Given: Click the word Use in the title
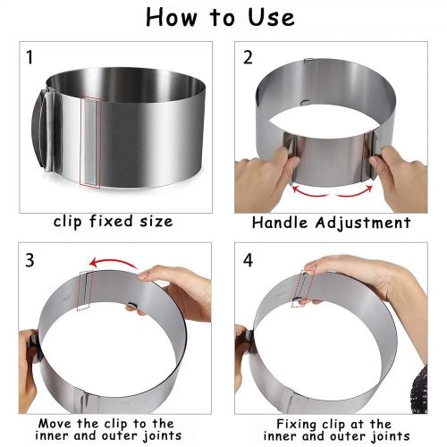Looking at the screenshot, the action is pyautogui.click(x=271, y=18).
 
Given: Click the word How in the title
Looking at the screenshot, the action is pyautogui.click(x=172, y=18).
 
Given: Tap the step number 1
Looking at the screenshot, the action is pyautogui.click(x=30, y=57).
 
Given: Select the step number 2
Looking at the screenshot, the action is pyautogui.click(x=248, y=57).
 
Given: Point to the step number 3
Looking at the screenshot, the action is pyautogui.click(x=30, y=260).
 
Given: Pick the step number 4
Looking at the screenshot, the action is pyautogui.click(x=248, y=260).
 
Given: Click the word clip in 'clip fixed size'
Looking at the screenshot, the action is pyautogui.click(x=67, y=222).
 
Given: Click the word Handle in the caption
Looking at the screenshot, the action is pyautogui.click(x=280, y=223).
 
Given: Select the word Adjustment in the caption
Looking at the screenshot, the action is pyautogui.click(x=363, y=223).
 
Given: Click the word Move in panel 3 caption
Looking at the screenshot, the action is pyautogui.click(x=55, y=423).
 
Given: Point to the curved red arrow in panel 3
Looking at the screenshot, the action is pyautogui.click(x=113, y=261).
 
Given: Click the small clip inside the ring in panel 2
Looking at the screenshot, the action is pyautogui.click(x=305, y=102).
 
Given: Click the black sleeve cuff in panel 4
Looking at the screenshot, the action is pyautogui.click(x=419, y=390).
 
